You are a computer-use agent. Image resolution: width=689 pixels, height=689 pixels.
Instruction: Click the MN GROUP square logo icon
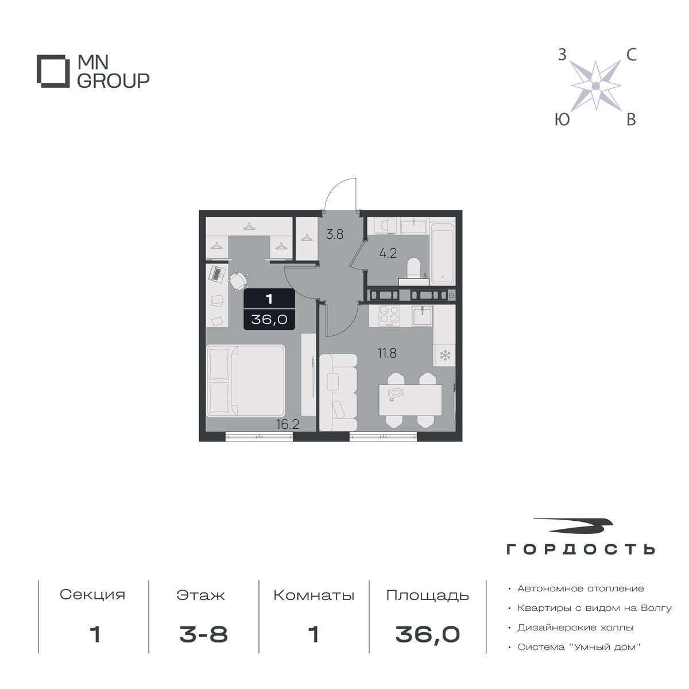pyautogui.click(x=51, y=71)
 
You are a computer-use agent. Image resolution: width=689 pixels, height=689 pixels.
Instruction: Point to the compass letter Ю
pyautogui.click(x=563, y=119)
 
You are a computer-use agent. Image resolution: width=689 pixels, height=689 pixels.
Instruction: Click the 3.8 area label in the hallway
pyautogui.click(x=335, y=235)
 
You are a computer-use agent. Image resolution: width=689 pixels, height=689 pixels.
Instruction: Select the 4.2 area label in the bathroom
pyautogui.click(x=388, y=253)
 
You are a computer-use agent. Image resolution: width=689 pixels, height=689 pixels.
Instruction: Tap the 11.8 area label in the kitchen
pyautogui.click(x=387, y=353)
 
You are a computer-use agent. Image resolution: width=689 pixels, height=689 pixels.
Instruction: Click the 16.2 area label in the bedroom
pyautogui.click(x=288, y=424)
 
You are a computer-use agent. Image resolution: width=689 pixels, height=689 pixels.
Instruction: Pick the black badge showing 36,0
pyautogui.click(x=269, y=309)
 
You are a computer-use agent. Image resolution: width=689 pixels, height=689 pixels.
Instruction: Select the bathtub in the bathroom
pyautogui.click(x=443, y=254)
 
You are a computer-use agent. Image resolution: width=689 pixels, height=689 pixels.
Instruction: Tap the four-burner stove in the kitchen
pyautogui.click(x=390, y=316)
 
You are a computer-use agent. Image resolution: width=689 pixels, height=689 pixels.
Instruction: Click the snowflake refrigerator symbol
pyautogui.click(x=445, y=355)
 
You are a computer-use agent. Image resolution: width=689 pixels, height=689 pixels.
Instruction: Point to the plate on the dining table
pyautogui.click(x=396, y=393)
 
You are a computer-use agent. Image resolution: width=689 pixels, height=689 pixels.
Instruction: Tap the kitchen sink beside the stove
pyautogui.click(x=423, y=316)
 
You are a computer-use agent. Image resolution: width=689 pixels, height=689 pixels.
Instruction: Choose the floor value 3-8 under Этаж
pyautogui.click(x=203, y=635)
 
